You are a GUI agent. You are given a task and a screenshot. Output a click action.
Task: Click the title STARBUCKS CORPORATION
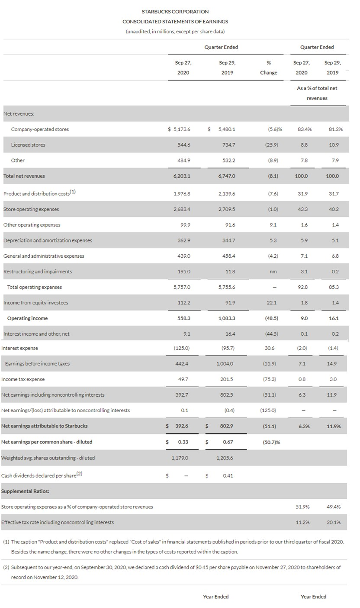pyautogui.click(x=175, y=12)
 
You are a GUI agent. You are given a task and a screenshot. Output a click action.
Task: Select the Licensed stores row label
pyautogui.click(x=28, y=145)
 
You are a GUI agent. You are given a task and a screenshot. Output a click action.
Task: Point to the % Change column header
pyautogui.click(x=268, y=68)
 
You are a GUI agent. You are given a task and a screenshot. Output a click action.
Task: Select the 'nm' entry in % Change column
pyautogui.click(x=273, y=272)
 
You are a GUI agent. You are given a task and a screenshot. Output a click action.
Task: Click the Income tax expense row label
pyautogui.click(x=23, y=379)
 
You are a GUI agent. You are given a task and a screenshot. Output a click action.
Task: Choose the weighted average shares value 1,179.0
pyautogui.click(x=180, y=458)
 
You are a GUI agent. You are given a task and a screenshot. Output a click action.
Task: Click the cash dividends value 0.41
pyautogui.click(x=228, y=475)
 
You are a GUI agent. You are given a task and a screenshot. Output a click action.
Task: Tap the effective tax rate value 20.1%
pyautogui.click(x=333, y=522)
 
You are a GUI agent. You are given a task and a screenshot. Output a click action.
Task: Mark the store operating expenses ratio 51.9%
pyautogui.click(x=302, y=507)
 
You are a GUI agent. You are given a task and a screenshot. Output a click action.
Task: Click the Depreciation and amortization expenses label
pyautogui.click(x=48, y=240)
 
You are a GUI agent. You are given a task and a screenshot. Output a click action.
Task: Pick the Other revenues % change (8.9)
pyautogui.click(x=273, y=161)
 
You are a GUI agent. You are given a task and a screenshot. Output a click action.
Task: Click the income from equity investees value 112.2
pyautogui.click(x=183, y=303)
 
